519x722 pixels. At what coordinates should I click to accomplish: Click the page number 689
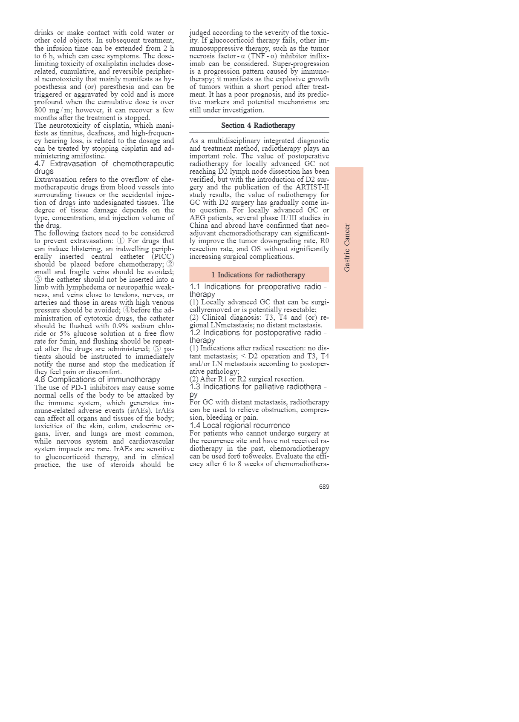point(324,487)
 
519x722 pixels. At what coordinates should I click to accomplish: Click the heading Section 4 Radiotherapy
point(258,125)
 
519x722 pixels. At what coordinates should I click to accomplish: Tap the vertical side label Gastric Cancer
point(347,248)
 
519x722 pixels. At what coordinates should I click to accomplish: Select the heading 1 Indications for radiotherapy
point(258,275)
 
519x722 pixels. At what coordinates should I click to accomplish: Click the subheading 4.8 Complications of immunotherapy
point(97,379)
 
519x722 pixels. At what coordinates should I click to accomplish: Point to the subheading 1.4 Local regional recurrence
point(240,425)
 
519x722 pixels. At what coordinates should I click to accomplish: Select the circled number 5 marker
point(157,349)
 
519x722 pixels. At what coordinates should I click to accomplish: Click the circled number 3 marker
point(38,279)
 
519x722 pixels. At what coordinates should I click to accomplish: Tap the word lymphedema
point(86,287)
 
